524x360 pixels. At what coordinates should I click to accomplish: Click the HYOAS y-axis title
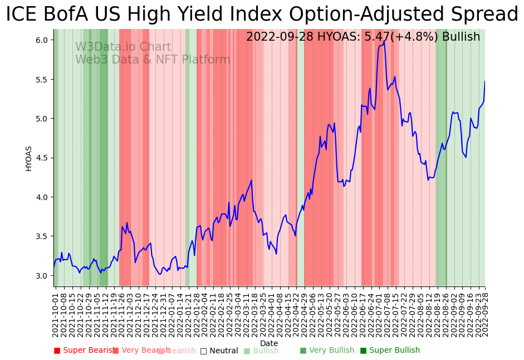pos(28,158)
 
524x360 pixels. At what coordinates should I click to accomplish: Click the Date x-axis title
pos(269,343)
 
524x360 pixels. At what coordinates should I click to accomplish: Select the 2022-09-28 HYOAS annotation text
pos(363,37)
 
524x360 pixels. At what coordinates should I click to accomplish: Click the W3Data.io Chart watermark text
pos(123,47)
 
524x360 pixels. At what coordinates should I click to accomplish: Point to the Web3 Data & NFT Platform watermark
pos(153,60)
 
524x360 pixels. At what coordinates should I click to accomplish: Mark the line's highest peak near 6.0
pos(384,41)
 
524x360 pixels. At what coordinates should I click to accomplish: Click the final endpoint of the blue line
pos(484,81)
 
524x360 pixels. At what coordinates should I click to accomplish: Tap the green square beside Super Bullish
pos(363,351)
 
